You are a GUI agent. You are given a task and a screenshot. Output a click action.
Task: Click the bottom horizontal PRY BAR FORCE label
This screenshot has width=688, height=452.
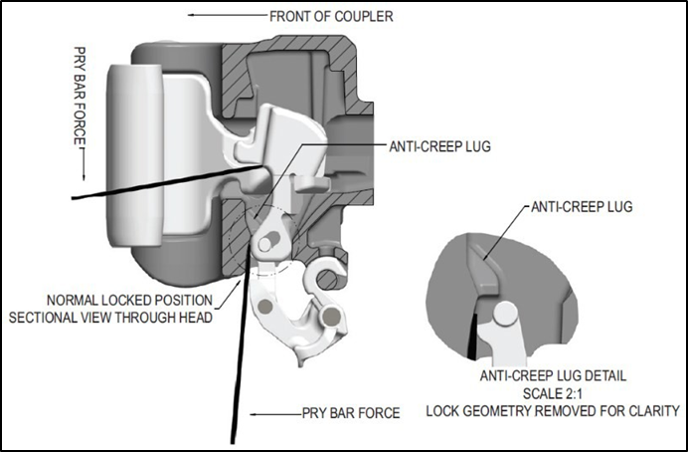[350, 412]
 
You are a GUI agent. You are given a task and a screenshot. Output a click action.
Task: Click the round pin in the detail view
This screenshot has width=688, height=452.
[504, 313]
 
